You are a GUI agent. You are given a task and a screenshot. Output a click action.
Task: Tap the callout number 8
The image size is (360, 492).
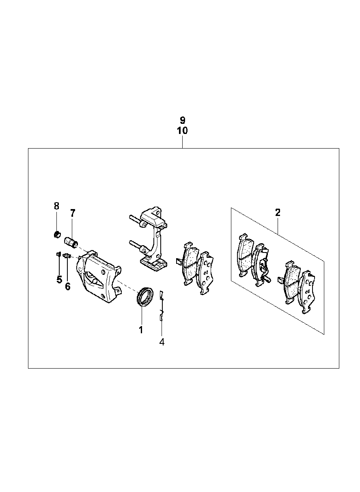tap(56, 206)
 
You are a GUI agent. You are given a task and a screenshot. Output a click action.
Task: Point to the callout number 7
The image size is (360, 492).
tap(73, 213)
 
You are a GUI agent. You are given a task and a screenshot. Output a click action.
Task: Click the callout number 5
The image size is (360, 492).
tap(59, 280)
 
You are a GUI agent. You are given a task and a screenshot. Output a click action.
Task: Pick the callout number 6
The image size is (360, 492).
tap(68, 287)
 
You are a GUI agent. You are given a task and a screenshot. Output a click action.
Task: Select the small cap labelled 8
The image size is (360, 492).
tap(57, 235)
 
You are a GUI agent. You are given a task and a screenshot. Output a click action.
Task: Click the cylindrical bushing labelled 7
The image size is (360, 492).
tap(71, 242)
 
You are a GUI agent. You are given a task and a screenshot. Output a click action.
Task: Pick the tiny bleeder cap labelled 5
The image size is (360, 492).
tap(58, 254)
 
